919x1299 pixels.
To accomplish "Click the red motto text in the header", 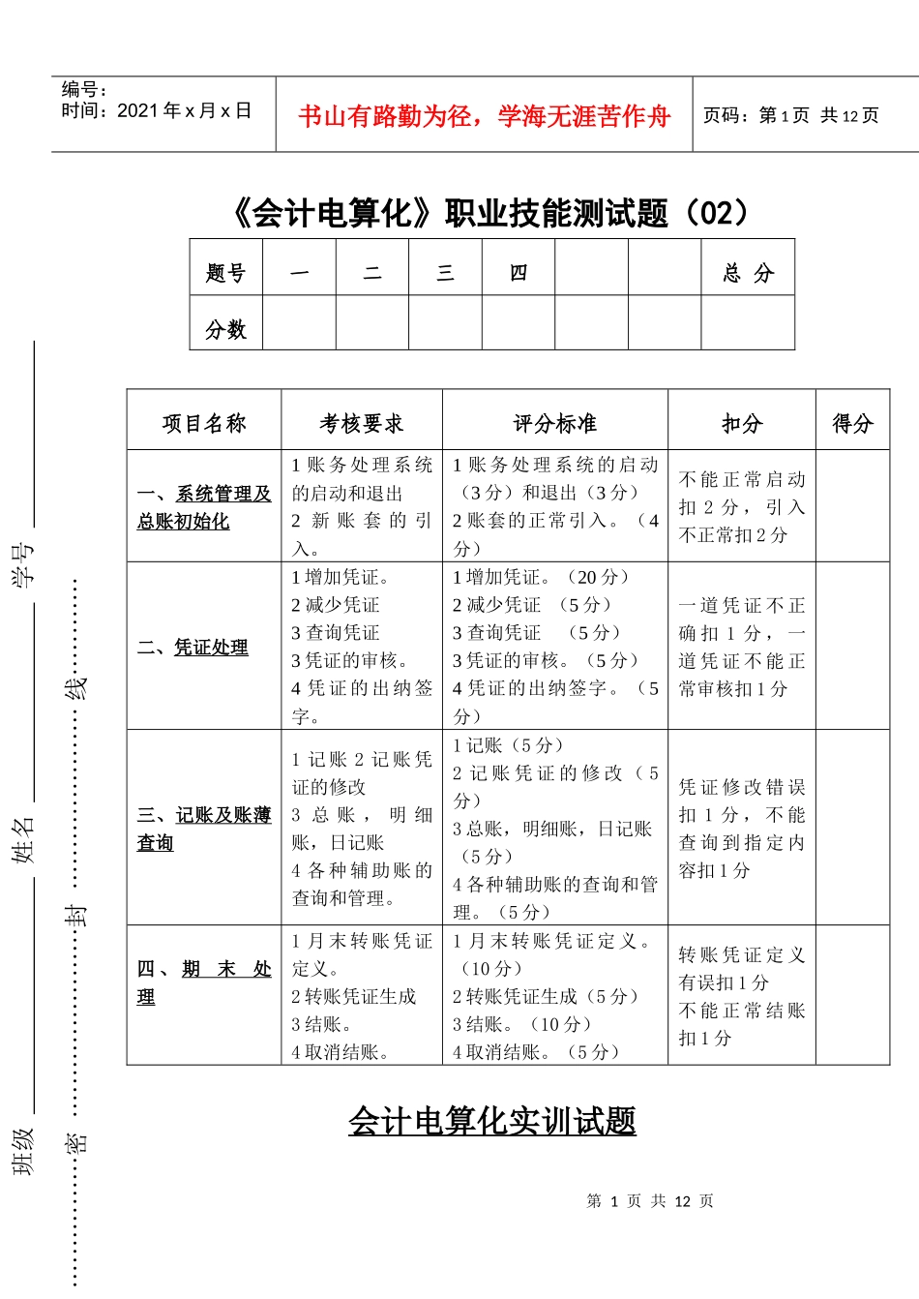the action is point(484,117).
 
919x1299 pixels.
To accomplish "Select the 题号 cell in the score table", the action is point(225,273).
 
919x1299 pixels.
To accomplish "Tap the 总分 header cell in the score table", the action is point(748,273).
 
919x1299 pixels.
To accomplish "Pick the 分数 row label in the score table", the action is point(225,329).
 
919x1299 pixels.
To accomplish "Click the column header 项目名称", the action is point(204,423).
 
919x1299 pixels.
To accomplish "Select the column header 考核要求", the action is point(362,423).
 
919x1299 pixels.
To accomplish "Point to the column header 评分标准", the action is point(555,423).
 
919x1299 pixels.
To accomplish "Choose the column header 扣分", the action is point(742,423).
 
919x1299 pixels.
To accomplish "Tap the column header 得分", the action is point(852,423).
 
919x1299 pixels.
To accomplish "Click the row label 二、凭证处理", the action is point(193,648).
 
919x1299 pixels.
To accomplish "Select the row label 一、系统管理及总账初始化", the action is point(204,507).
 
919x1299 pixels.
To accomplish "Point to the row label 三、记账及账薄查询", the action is point(204,829).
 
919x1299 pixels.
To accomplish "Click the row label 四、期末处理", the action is point(204,982).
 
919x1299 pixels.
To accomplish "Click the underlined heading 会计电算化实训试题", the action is point(492,1121).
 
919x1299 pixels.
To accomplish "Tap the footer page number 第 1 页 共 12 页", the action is point(650,1201).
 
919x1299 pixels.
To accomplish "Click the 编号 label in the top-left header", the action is point(85,90).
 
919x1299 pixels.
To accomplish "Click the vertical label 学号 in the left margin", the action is point(23,564).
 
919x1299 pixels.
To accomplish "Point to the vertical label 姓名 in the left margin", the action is point(23,838).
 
